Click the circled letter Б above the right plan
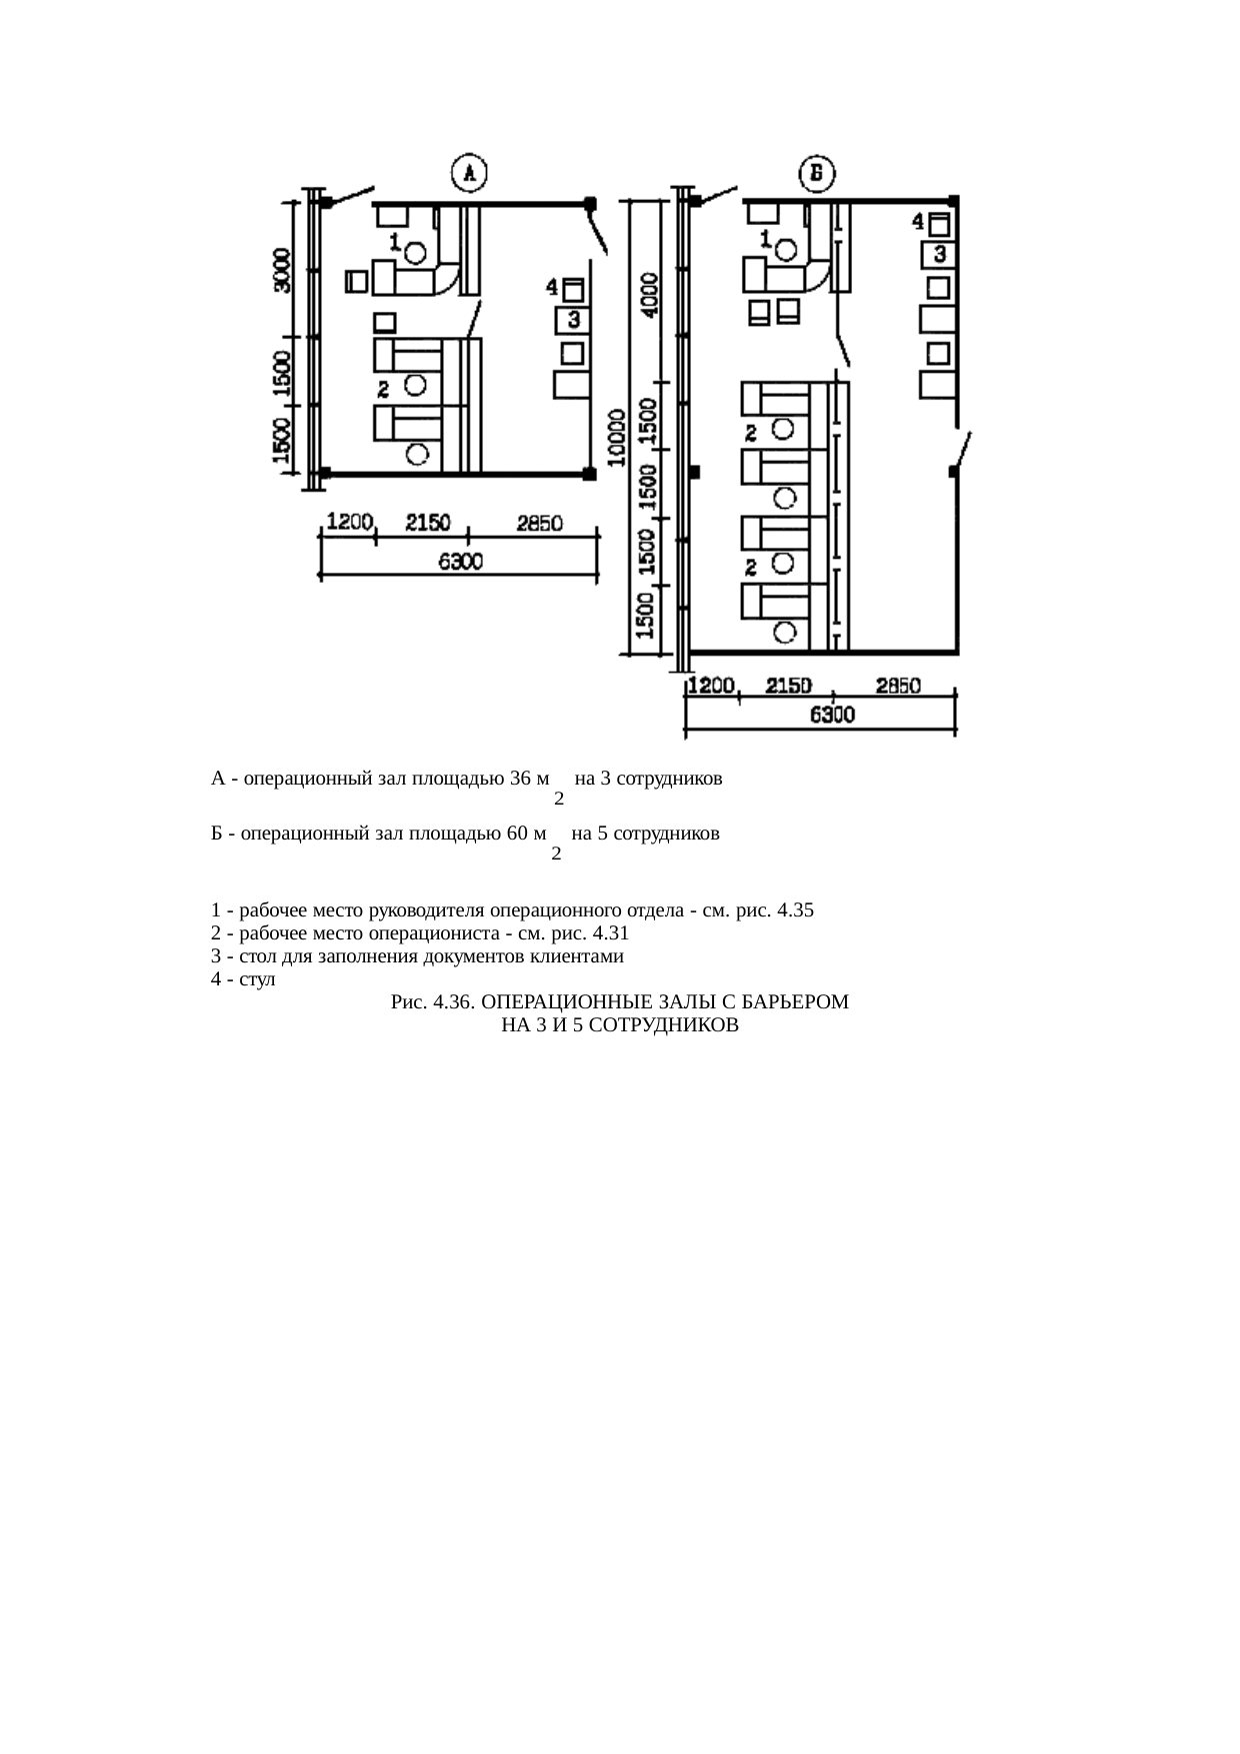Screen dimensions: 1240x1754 (x=817, y=174)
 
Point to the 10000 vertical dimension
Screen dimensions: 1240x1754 (x=617, y=437)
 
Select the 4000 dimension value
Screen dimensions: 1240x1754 (x=650, y=294)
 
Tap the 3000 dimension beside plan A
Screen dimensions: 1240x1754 (x=283, y=270)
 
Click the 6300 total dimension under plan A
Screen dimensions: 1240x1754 (x=460, y=562)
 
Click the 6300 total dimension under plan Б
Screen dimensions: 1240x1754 (x=831, y=715)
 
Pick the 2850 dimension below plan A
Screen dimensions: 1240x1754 (x=539, y=523)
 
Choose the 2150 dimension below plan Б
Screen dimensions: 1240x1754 (x=788, y=686)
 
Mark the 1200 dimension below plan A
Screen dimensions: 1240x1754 (x=350, y=522)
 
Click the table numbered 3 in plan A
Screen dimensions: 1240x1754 (x=573, y=321)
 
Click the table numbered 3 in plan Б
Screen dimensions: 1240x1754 (x=939, y=255)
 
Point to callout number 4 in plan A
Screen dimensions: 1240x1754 (x=551, y=287)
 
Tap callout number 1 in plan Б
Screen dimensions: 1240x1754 (x=765, y=238)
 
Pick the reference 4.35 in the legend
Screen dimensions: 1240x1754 (x=795, y=910)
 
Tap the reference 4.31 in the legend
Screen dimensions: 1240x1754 (x=610, y=933)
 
